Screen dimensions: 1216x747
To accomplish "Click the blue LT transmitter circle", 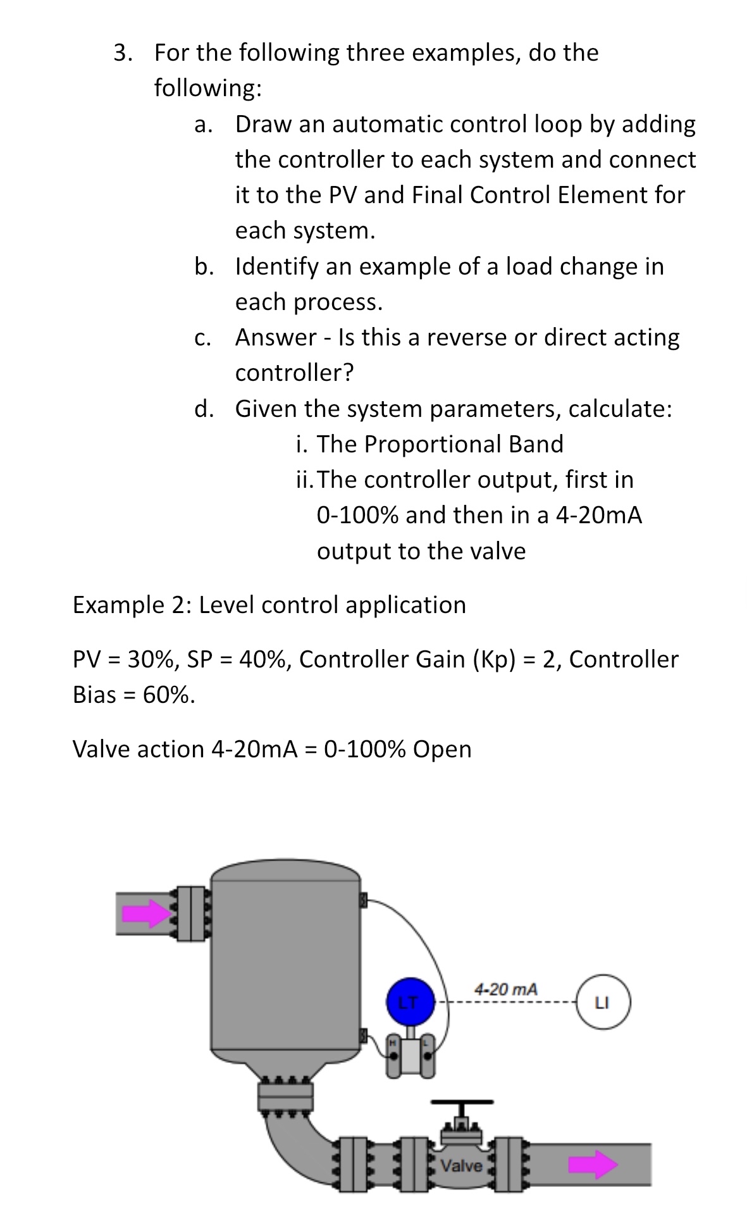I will click(409, 1002).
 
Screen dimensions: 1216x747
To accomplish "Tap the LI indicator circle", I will click(602, 1002).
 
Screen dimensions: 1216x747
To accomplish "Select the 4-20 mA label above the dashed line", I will click(506, 988).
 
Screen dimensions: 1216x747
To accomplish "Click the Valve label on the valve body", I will click(461, 1165).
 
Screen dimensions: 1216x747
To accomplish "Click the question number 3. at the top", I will click(123, 53).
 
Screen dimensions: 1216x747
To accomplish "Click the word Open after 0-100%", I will click(442, 749).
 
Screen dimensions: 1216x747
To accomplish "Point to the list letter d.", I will click(204, 409).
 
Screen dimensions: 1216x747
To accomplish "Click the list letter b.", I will click(204, 266).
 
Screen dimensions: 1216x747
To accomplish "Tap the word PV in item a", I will click(343, 195).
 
